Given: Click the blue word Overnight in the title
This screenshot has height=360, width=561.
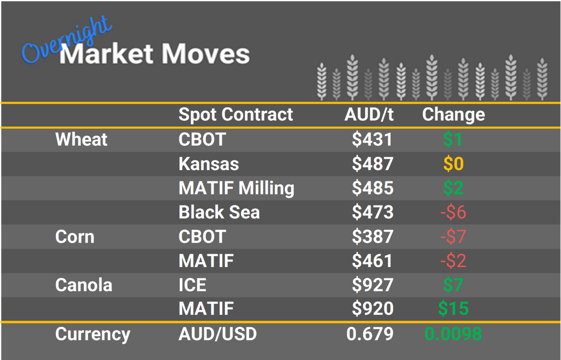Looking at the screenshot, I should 66,41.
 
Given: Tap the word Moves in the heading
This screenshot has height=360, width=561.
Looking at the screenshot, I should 206,54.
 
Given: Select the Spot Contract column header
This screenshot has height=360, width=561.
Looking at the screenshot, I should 236,114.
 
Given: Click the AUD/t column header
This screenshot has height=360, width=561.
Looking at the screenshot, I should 369,114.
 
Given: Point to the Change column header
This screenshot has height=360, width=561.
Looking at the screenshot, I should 453,114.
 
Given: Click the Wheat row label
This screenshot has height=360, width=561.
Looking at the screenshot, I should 81,140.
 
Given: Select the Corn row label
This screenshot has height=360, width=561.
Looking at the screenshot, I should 75,237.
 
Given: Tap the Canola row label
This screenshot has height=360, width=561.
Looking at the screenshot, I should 84,285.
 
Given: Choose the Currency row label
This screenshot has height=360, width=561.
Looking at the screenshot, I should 92,334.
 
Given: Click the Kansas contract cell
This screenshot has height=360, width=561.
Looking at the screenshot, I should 209,164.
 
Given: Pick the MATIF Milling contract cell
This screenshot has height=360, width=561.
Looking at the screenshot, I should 236,188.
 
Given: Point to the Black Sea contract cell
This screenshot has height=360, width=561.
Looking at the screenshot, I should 219,212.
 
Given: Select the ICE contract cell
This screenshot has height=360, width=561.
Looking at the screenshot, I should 192,285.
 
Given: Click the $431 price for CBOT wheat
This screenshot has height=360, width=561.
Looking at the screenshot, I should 372,140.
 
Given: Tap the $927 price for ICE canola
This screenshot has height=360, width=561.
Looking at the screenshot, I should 372,285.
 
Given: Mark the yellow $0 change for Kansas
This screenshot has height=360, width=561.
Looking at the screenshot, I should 453,164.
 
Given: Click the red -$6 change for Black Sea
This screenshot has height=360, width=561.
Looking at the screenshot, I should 453,212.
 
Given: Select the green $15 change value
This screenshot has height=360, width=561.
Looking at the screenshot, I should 453,309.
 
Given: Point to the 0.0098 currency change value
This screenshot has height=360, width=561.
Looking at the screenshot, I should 453,334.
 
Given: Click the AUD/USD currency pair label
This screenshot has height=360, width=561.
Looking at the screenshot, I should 217,334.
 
